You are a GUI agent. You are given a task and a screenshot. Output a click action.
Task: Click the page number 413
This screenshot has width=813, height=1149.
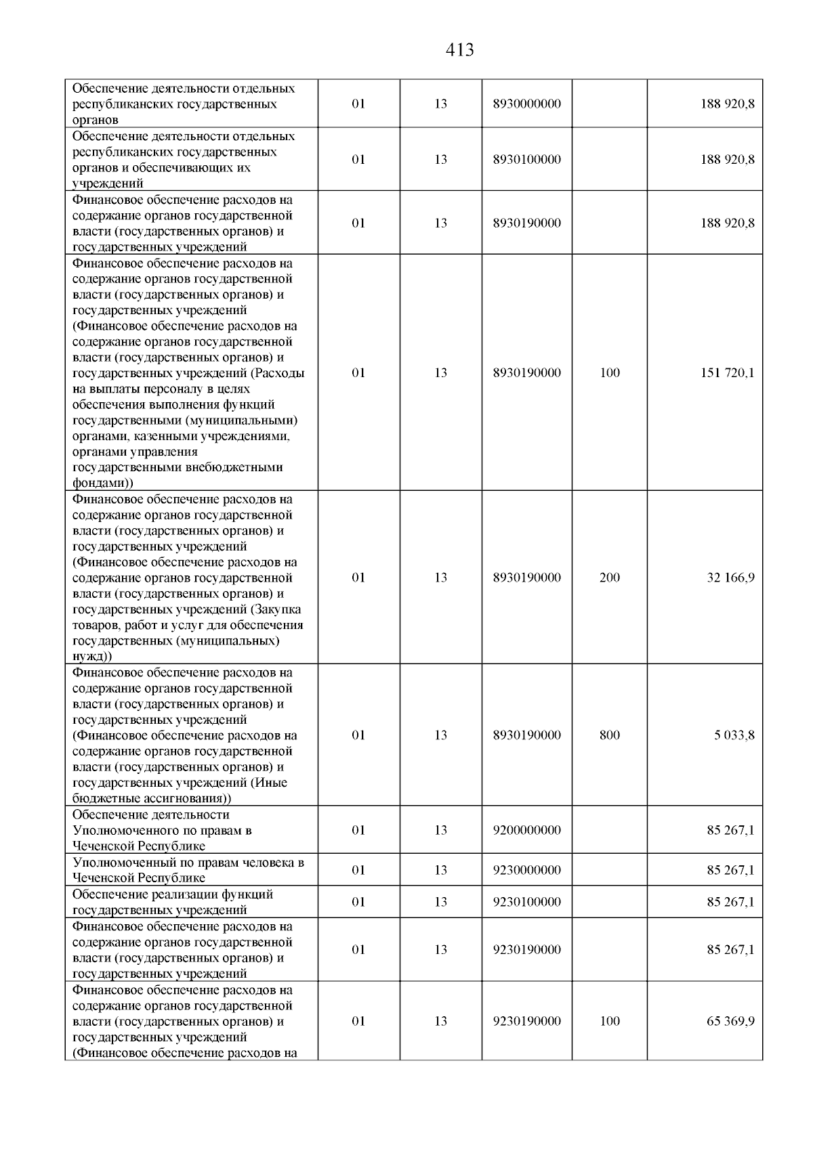pyautogui.click(x=460, y=50)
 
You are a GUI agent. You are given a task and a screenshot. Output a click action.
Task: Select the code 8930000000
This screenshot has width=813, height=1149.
pyautogui.click(x=526, y=104)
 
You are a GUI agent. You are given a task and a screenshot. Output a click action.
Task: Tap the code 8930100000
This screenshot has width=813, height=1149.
pyautogui.click(x=526, y=160)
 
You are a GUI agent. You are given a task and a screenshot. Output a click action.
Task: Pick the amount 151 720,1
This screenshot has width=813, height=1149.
pyautogui.click(x=727, y=373)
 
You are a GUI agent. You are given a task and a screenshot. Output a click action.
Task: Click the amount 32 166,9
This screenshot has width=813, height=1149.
pyautogui.click(x=730, y=578)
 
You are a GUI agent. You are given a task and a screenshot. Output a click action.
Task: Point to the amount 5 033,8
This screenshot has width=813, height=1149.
pyautogui.click(x=733, y=735)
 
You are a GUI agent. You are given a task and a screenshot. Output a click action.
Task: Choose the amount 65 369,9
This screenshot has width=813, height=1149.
pyautogui.click(x=730, y=1021)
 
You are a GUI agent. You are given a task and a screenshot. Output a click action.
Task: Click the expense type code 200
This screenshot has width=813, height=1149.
pyautogui.click(x=610, y=578)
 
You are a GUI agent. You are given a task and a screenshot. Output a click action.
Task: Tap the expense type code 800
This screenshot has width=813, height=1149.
pyautogui.click(x=610, y=735)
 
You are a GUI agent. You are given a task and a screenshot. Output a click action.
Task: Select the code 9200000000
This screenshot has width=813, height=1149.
pyautogui.click(x=526, y=830)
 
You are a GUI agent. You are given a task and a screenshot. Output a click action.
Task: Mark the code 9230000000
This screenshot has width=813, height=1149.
pyautogui.click(x=526, y=870)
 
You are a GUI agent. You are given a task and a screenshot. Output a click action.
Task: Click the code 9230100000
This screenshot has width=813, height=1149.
pyautogui.click(x=526, y=902)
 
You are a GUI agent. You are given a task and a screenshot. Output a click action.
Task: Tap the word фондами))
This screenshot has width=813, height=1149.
pyautogui.click(x=102, y=483)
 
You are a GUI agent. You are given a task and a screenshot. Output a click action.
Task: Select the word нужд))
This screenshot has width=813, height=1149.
pyautogui.click(x=92, y=656)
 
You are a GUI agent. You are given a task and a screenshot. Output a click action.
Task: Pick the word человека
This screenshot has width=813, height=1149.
pyautogui.click(x=274, y=863)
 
